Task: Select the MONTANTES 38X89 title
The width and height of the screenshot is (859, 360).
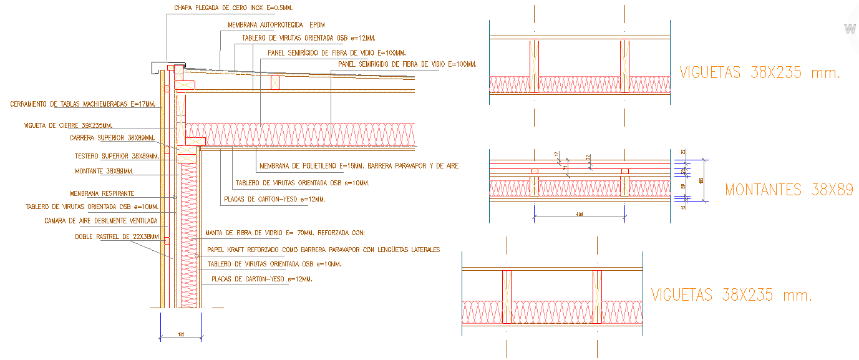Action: coord(789,190)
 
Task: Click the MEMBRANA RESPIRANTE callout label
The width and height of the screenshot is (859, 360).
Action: coord(102,193)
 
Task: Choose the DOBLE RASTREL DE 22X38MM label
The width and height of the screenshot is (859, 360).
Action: coord(117,236)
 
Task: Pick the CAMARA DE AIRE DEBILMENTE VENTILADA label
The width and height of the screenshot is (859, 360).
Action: coord(101,221)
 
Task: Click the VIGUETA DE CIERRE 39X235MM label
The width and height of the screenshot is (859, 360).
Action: coord(68,125)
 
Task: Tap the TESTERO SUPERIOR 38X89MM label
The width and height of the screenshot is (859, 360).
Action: coord(117,156)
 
